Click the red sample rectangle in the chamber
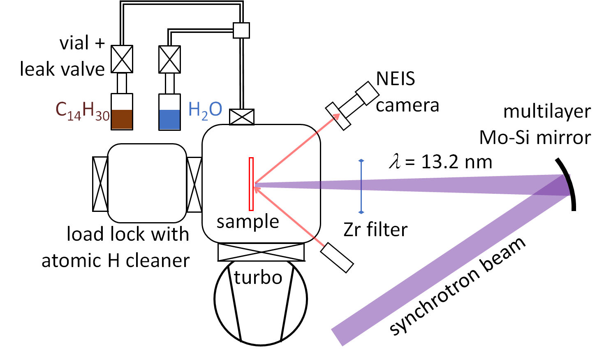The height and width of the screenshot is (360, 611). coord(251,184)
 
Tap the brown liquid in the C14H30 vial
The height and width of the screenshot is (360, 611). coord(122,119)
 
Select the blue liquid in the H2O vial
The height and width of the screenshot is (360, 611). coord(169,119)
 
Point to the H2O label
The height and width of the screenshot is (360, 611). coord(205,110)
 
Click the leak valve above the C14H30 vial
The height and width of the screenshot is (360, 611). coord(122,59)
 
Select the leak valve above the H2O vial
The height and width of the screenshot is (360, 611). coord(169,59)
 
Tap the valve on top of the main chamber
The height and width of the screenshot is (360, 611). coord(242,117)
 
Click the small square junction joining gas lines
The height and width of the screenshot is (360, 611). coord(241,30)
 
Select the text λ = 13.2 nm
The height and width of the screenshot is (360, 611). coord(440,162)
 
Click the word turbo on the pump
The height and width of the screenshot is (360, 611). coord(258,278)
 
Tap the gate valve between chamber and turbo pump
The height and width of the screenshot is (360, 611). coord(261,252)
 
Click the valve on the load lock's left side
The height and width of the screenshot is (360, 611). coord(100,184)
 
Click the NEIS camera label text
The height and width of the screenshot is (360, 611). coord(407,92)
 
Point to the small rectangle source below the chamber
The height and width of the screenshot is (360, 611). coord(337,258)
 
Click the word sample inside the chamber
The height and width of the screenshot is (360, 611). coord(248,222)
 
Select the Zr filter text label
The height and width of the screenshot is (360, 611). coord(375,230)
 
